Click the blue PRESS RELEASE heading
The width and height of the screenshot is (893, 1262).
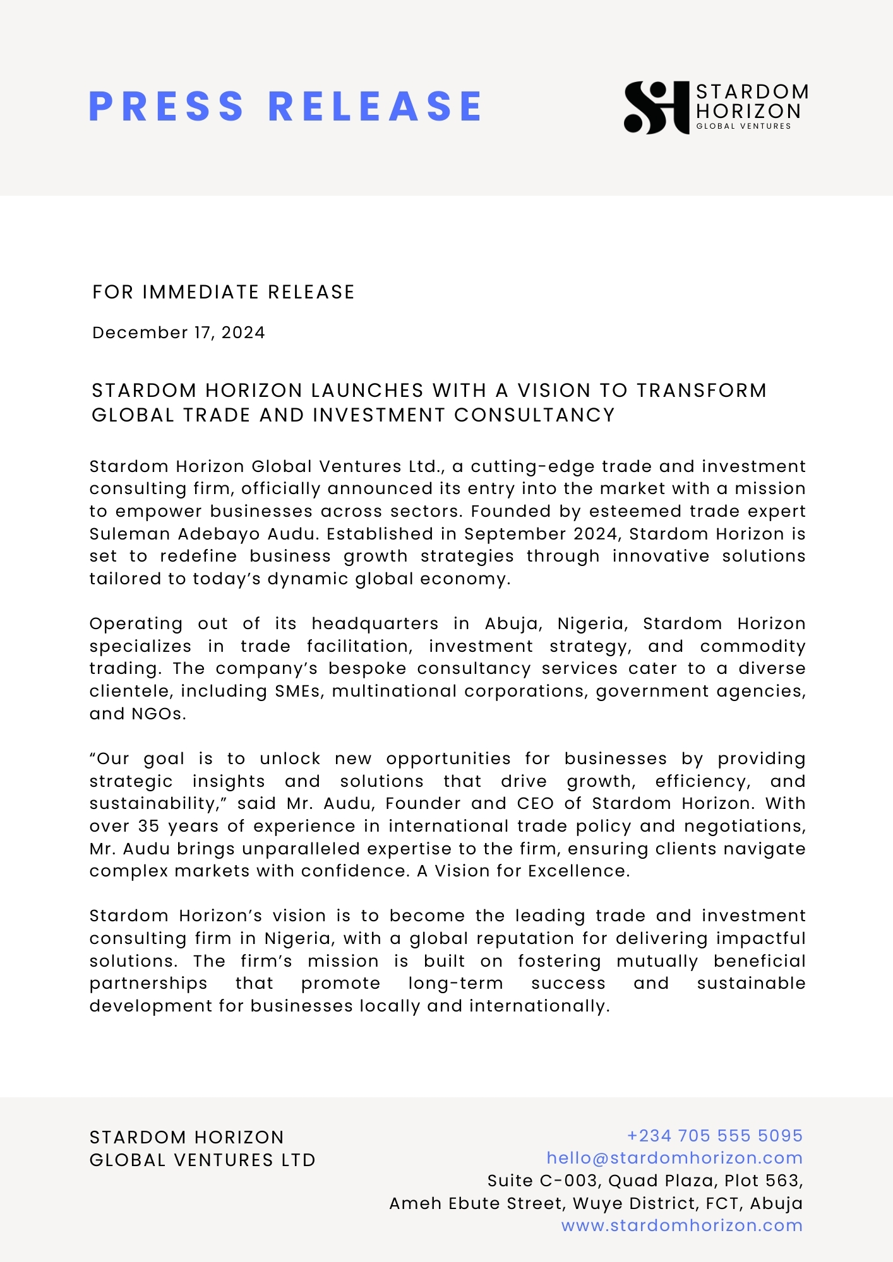pos(285,106)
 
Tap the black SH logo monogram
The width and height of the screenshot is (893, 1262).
pos(656,107)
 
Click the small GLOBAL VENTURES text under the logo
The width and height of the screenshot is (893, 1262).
pos(743,126)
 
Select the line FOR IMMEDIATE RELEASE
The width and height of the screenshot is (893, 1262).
pos(223,292)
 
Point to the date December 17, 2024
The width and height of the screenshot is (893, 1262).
pos(179,333)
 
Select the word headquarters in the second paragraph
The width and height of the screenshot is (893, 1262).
pos(375,623)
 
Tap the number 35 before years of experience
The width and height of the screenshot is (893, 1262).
pos(148,826)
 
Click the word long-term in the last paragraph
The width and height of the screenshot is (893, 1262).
pos(455,983)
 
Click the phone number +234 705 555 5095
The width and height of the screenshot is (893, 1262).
pos(714,1136)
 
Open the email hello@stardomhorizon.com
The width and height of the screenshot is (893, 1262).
pos(674,1158)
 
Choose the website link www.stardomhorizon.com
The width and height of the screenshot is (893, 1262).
pos(682,1225)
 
